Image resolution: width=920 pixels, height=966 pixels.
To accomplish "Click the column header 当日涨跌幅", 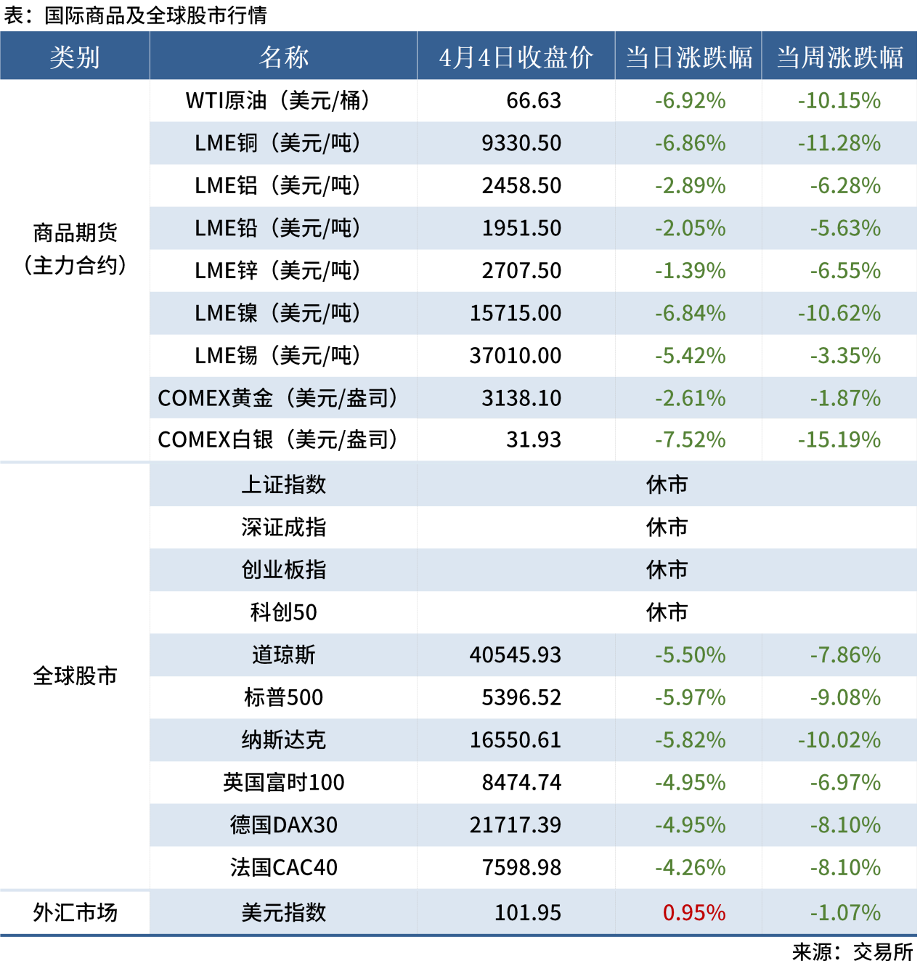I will point(688,57).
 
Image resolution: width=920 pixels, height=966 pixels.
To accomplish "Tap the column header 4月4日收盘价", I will point(516,57).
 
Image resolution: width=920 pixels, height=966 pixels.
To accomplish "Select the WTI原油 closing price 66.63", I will point(534,100).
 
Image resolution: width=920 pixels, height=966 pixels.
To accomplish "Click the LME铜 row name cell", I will point(278,143).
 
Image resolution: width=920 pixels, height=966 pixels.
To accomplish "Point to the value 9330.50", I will point(521,143).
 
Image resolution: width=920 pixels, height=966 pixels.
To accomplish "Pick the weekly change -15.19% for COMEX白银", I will point(839,439).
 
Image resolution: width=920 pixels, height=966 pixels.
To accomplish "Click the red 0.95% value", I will point(694,912).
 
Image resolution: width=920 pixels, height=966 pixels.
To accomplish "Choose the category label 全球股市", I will point(75,676).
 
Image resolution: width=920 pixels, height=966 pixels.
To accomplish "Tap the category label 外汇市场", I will point(75,912).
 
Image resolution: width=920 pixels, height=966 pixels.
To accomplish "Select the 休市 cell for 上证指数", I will point(667,484).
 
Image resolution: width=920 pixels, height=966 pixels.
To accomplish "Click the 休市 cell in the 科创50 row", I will point(667,612).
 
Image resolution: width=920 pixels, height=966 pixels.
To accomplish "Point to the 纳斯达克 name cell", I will point(283,740).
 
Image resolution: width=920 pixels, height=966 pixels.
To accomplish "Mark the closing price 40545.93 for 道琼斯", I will point(516,655).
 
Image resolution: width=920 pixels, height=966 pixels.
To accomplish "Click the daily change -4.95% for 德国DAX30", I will point(690,825).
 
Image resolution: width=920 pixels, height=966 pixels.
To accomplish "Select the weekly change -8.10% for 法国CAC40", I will point(845,867).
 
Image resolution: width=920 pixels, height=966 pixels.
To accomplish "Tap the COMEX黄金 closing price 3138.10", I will point(521,398).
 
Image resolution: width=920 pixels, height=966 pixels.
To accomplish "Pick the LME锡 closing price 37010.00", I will point(516,356).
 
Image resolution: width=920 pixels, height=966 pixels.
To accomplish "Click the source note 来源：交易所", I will point(852,951).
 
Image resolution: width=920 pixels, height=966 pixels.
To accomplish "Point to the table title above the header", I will point(136,15).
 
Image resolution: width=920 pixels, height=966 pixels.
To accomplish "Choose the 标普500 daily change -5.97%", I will point(690,697).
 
